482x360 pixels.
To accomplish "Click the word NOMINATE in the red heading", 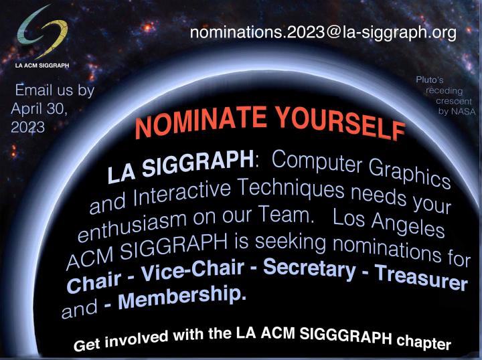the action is [201, 120].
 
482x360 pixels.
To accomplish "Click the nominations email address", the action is [323, 33].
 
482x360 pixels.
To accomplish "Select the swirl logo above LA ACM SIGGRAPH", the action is [42, 32].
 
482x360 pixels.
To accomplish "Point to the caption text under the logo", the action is [42, 66].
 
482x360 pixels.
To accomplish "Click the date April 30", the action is [39, 108].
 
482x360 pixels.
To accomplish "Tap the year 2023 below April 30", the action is [27, 127].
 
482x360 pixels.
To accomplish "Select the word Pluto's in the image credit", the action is [430, 80].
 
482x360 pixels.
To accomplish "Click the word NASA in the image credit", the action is [463, 112].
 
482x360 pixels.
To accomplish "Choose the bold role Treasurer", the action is [421, 277].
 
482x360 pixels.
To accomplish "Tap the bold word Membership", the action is [182, 296].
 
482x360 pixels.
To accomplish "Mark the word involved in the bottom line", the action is [137, 339].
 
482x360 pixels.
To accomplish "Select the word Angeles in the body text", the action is [408, 225].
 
